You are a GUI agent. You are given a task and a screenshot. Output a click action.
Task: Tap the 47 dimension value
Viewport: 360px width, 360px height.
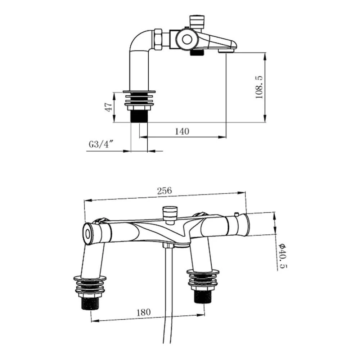[109, 107]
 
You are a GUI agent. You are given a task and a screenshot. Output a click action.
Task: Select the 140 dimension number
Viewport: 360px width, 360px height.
[182, 131]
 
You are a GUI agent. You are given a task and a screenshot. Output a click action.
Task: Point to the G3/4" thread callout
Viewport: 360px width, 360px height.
[101, 144]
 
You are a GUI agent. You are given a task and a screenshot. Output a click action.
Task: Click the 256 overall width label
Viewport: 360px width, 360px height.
[165, 190]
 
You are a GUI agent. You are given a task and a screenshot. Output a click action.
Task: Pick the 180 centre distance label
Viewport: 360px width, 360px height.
[144, 312]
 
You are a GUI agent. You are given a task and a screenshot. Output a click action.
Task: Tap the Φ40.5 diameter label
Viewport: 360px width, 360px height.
[283, 256]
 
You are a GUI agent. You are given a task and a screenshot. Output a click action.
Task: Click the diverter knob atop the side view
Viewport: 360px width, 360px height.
[197, 22]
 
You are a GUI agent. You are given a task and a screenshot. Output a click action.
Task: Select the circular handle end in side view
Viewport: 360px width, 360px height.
[187, 40]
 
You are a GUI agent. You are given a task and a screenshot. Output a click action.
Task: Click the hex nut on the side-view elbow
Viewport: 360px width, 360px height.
[158, 39]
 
